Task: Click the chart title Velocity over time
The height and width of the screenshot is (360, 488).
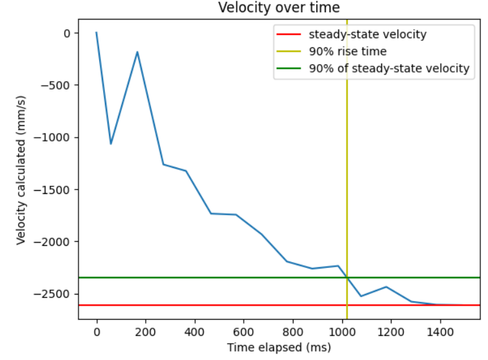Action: tap(279, 8)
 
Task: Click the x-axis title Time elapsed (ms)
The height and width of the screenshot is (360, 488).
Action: tap(279, 348)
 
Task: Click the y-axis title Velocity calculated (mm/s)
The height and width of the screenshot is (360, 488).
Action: tap(21, 169)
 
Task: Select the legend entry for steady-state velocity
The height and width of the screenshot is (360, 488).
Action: tap(367, 34)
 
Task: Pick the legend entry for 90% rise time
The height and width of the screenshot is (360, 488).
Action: tap(347, 51)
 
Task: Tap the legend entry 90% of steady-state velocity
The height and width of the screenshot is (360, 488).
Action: tap(389, 68)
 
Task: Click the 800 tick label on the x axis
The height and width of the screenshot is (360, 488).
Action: tap(293, 330)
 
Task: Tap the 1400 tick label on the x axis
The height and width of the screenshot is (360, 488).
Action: tap(440, 330)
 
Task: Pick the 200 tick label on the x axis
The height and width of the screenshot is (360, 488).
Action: tap(146, 330)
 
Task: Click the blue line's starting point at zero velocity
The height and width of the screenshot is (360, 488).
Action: tap(97, 32)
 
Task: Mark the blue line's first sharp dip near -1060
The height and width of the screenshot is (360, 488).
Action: tap(111, 143)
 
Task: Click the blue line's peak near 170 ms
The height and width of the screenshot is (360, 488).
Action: tap(137, 52)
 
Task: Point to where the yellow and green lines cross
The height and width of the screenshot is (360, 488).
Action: tap(347, 278)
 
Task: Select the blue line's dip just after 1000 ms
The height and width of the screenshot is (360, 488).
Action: tap(361, 296)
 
